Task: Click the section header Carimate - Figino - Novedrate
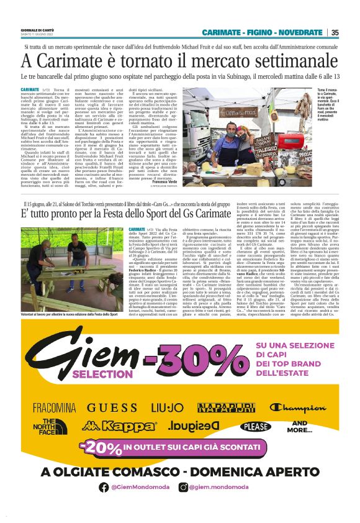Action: point(262,32)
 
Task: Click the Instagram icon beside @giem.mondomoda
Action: point(183,488)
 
